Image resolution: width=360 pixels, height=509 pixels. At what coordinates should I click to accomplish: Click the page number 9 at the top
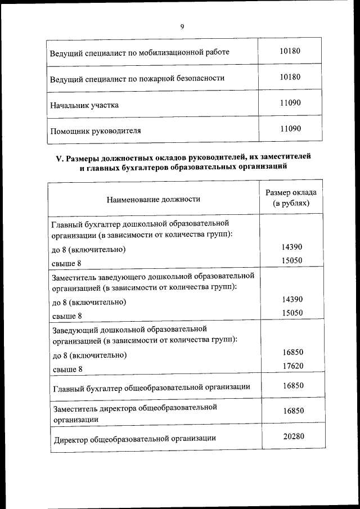182,26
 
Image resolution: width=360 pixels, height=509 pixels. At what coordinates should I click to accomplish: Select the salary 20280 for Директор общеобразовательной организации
290,436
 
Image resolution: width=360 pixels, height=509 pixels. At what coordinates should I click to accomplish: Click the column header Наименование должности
152,199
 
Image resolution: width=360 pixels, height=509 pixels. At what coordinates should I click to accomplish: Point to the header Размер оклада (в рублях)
291,197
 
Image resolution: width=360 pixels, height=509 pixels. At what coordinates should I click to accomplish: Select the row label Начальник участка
84,105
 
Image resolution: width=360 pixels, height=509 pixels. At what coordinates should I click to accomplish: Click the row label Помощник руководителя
96,130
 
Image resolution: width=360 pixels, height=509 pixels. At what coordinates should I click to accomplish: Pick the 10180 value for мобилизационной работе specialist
290,51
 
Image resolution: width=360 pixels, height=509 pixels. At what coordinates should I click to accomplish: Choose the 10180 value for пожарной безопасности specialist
290,77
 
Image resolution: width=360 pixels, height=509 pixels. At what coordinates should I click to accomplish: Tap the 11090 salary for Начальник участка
290,103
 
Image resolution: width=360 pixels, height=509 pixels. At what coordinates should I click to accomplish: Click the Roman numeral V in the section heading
58,158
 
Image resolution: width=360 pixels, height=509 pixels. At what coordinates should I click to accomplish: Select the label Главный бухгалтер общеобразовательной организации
151,388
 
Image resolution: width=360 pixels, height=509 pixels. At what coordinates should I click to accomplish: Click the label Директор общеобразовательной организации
135,438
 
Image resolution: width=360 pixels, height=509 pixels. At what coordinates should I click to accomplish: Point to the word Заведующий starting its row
74,329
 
